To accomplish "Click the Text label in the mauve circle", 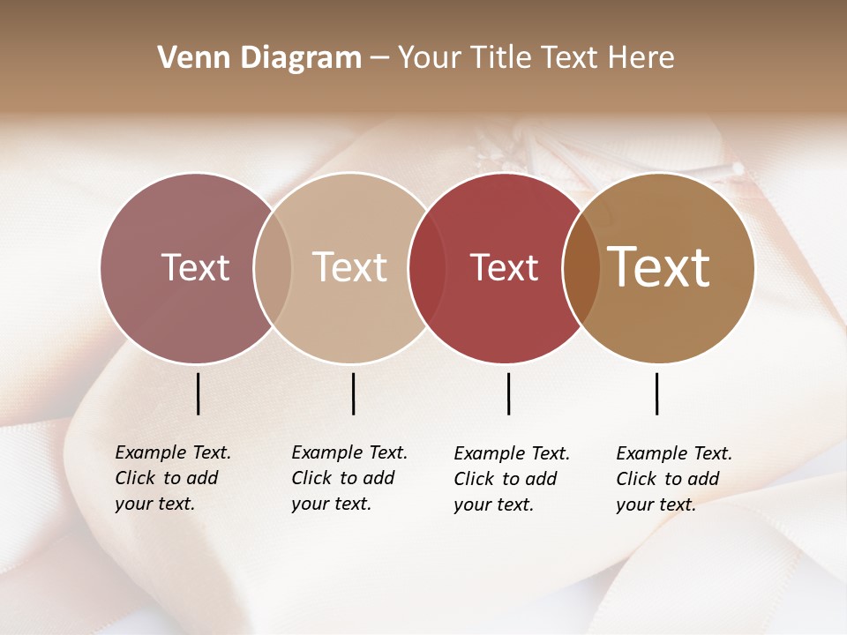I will (x=195, y=267).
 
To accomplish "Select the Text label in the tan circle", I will (x=350, y=267).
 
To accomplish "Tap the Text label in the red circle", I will (x=504, y=267).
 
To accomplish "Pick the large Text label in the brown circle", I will (x=659, y=266).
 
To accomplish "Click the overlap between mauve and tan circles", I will (x=273, y=267).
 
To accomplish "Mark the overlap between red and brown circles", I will (x=580, y=267).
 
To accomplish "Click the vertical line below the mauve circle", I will (x=198, y=393).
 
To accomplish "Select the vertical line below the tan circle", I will (x=353, y=393).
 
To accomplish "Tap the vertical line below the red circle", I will (x=508, y=393).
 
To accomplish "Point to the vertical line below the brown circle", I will (x=656, y=393).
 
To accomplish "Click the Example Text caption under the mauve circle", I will (x=172, y=478).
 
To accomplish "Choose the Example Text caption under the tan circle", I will (x=349, y=478).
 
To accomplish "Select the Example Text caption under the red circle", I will (x=511, y=479).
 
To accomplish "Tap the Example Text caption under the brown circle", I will (x=673, y=479).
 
